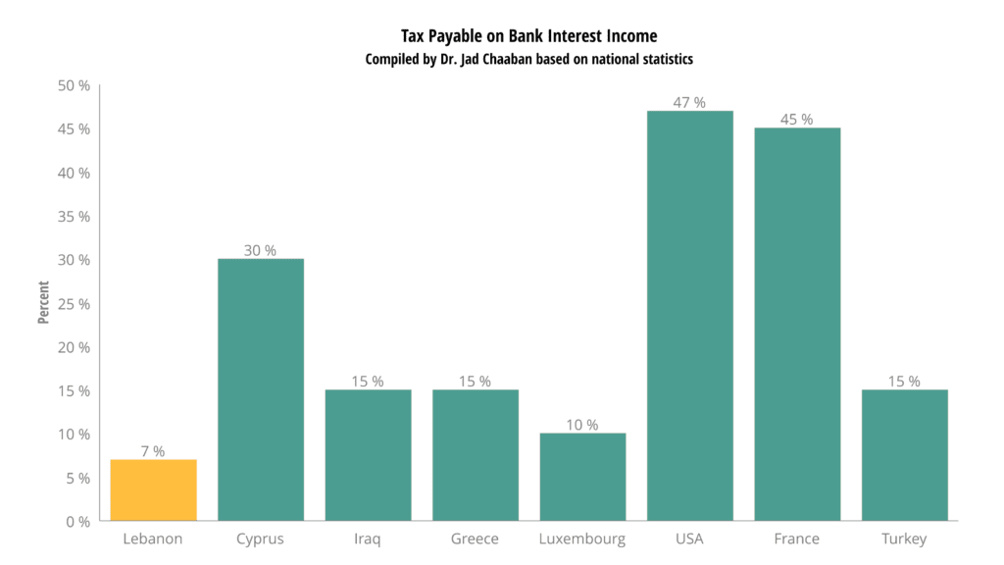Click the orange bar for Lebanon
(x=153, y=489)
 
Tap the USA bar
(x=690, y=315)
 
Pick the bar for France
(x=797, y=324)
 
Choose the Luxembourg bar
(x=582, y=477)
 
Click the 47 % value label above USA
(x=690, y=102)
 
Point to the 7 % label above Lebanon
(x=153, y=451)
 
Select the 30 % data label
(x=260, y=250)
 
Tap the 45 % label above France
(x=797, y=120)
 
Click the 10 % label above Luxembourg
(x=582, y=425)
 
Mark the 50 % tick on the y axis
(x=74, y=86)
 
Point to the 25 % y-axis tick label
(x=74, y=304)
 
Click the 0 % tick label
(x=78, y=522)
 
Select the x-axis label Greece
(x=475, y=539)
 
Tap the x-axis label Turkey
(x=904, y=539)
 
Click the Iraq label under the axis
(x=368, y=539)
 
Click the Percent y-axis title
(x=43, y=304)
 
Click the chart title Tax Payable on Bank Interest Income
(x=529, y=36)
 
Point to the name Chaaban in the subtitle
(x=548, y=59)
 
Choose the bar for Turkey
(x=904, y=455)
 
